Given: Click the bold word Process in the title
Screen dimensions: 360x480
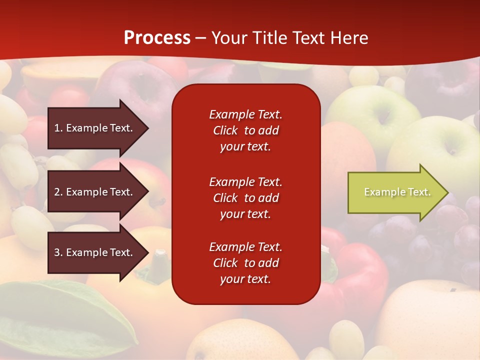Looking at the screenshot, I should pyautogui.click(x=157, y=38).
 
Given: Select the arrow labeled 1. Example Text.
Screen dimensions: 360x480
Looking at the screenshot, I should pyautogui.click(x=95, y=128).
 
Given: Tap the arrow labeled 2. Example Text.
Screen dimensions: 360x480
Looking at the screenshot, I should pyautogui.click(x=95, y=192).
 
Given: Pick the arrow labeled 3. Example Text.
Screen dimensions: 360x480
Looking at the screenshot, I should pyautogui.click(x=95, y=252).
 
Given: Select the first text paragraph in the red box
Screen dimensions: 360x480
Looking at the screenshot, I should pyautogui.click(x=245, y=130).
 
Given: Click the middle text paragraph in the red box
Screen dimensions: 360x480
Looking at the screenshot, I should pyautogui.click(x=245, y=198).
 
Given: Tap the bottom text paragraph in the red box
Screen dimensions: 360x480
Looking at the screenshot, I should pyautogui.click(x=245, y=263).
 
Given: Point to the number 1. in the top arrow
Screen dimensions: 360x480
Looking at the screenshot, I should pyautogui.click(x=58, y=128).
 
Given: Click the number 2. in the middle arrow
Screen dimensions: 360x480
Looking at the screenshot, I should pyautogui.click(x=58, y=192).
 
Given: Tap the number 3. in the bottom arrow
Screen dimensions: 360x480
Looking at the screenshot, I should pyautogui.click(x=58, y=252).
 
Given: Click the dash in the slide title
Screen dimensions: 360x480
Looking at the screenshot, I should pyautogui.click(x=201, y=38).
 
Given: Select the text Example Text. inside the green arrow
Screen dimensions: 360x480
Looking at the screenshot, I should pyautogui.click(x=397, y=192).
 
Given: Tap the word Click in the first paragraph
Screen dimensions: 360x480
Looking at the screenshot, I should pyautogui.click(x=225, y=130).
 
